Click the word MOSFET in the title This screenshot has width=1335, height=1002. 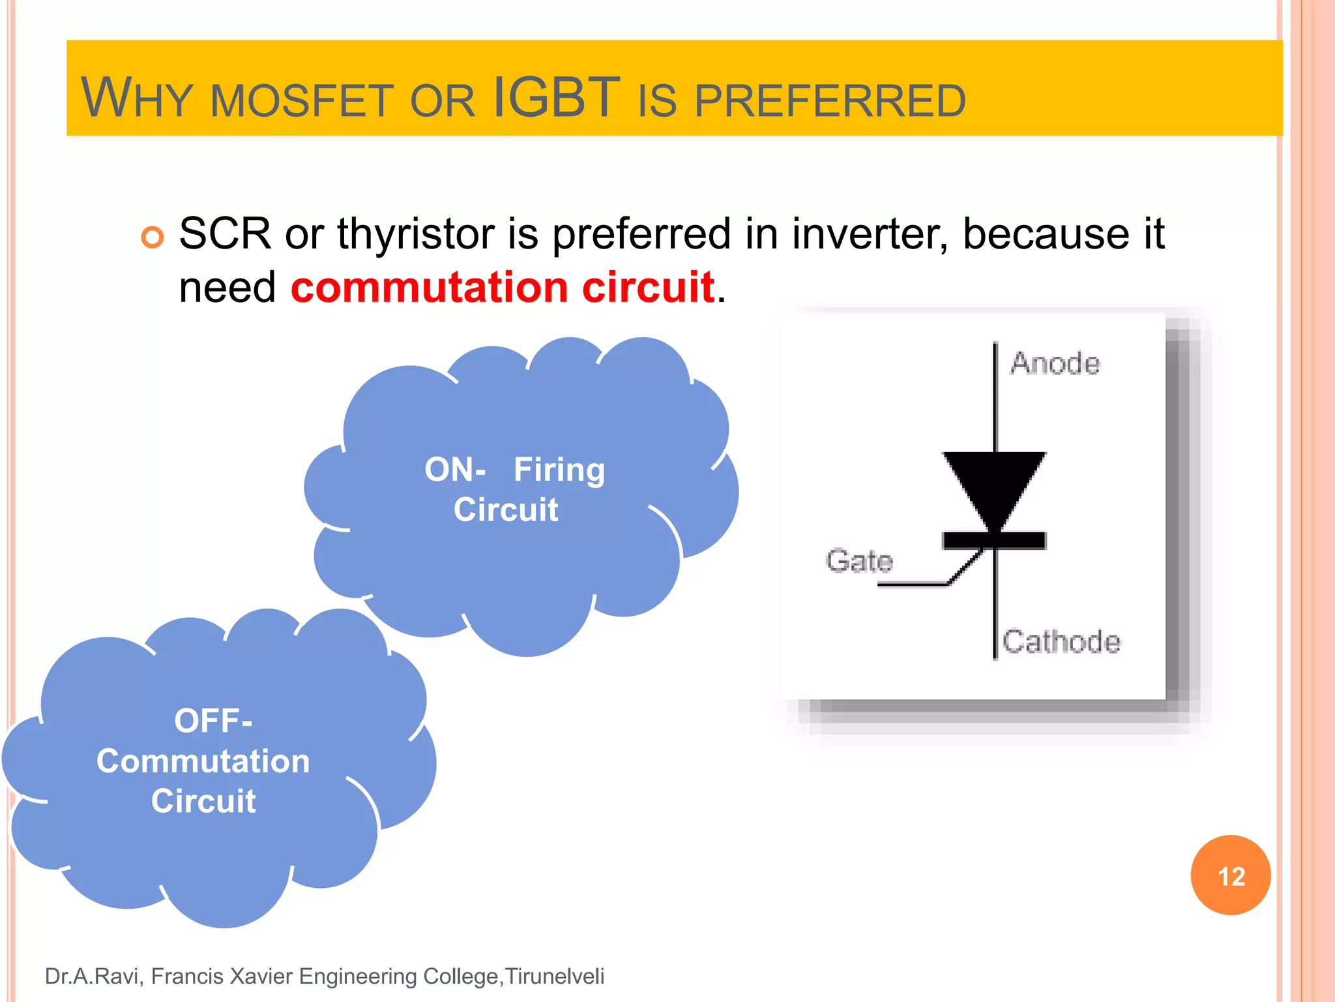click(302, 102)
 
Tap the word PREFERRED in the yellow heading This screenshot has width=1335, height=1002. click(829, 102)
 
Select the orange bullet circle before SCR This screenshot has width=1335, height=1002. click(153, 237)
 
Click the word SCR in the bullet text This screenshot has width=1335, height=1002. click(225, 234)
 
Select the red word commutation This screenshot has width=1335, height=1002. click(429, 287)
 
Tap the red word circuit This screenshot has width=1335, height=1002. click(648, 287)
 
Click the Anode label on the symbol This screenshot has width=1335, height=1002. click(1055, 363)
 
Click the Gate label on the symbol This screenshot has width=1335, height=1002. click(858, 560)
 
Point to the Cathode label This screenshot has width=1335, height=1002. click(1061, 641)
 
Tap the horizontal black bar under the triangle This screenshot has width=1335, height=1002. click(994, 540)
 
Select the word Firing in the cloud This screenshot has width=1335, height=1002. click(559, 470)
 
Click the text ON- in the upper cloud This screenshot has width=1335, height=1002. click(454, 470)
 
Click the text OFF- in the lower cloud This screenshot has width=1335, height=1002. click(213, 721)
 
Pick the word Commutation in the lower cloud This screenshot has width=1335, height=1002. click(203, 761)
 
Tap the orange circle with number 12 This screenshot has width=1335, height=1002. click(1230, 875)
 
